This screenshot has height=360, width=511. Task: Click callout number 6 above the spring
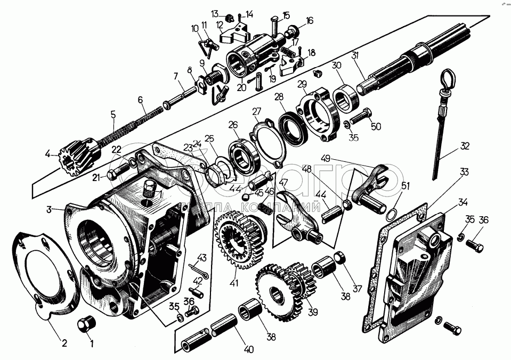pos(140,100)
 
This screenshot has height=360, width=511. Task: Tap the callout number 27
pos(257,111)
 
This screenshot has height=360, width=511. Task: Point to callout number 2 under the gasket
pos(64,343)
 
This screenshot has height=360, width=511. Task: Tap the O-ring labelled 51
pos(391,214)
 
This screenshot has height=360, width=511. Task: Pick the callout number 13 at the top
pos(215,13)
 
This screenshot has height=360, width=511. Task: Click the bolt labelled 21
pos(117,174)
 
